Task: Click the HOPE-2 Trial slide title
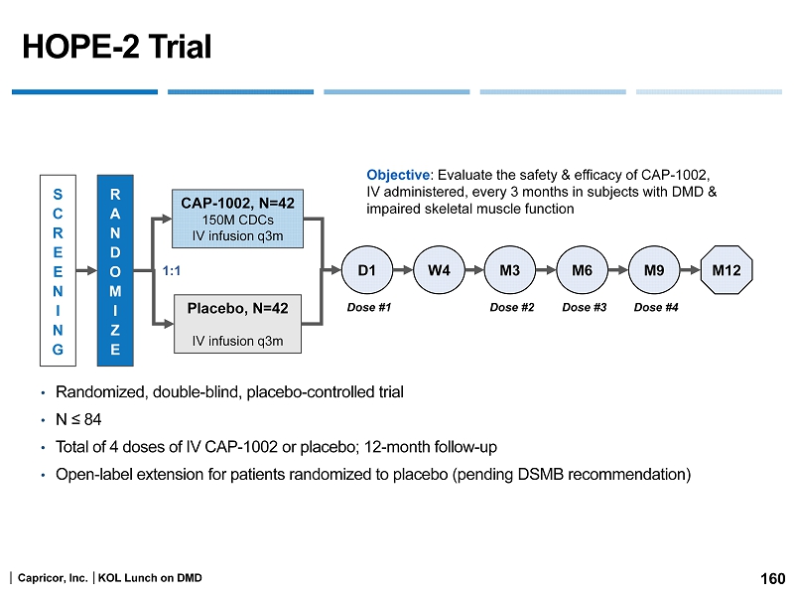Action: [x=117, y=47]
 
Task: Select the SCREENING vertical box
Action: [x=59, y=267]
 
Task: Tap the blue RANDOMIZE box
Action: [x=115, y=267]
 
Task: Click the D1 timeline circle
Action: [x=366, y=270]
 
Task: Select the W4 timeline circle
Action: [x=439, y=270]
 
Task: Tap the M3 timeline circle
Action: [x=510, y=270]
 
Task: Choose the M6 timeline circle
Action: [x=582, y=270]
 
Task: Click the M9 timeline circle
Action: [x=654, y=270]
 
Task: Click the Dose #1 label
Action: [x=369, y=308]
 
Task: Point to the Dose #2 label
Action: [x=512, y=308]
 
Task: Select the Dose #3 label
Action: [x=584, y=308]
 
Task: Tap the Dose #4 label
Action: [x=656, y=308]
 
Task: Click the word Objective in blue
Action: [x=398, y=173]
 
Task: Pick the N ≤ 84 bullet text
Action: [x=79, y=419]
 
